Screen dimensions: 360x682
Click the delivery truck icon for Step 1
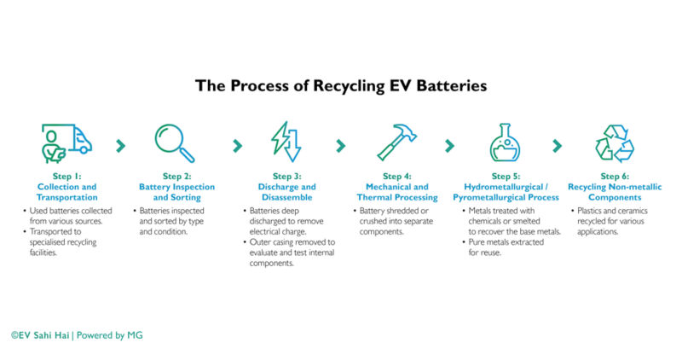tap(66, 142)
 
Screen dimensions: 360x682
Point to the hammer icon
tap(396, 142)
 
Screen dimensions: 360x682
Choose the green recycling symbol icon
tap(614, 142)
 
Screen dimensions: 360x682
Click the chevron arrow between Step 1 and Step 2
tap(120, 145)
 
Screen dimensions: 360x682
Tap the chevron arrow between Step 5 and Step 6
tap(558, 145)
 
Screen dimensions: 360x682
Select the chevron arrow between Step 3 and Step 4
tap(340, 145)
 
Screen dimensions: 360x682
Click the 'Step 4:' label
tap(397, 177)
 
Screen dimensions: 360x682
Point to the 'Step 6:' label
tap(614, 177)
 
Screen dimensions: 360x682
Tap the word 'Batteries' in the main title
tap(445, 86)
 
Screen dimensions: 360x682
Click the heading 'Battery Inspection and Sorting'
tap(177, 192)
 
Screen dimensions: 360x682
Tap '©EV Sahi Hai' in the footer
tap(40, 335)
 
